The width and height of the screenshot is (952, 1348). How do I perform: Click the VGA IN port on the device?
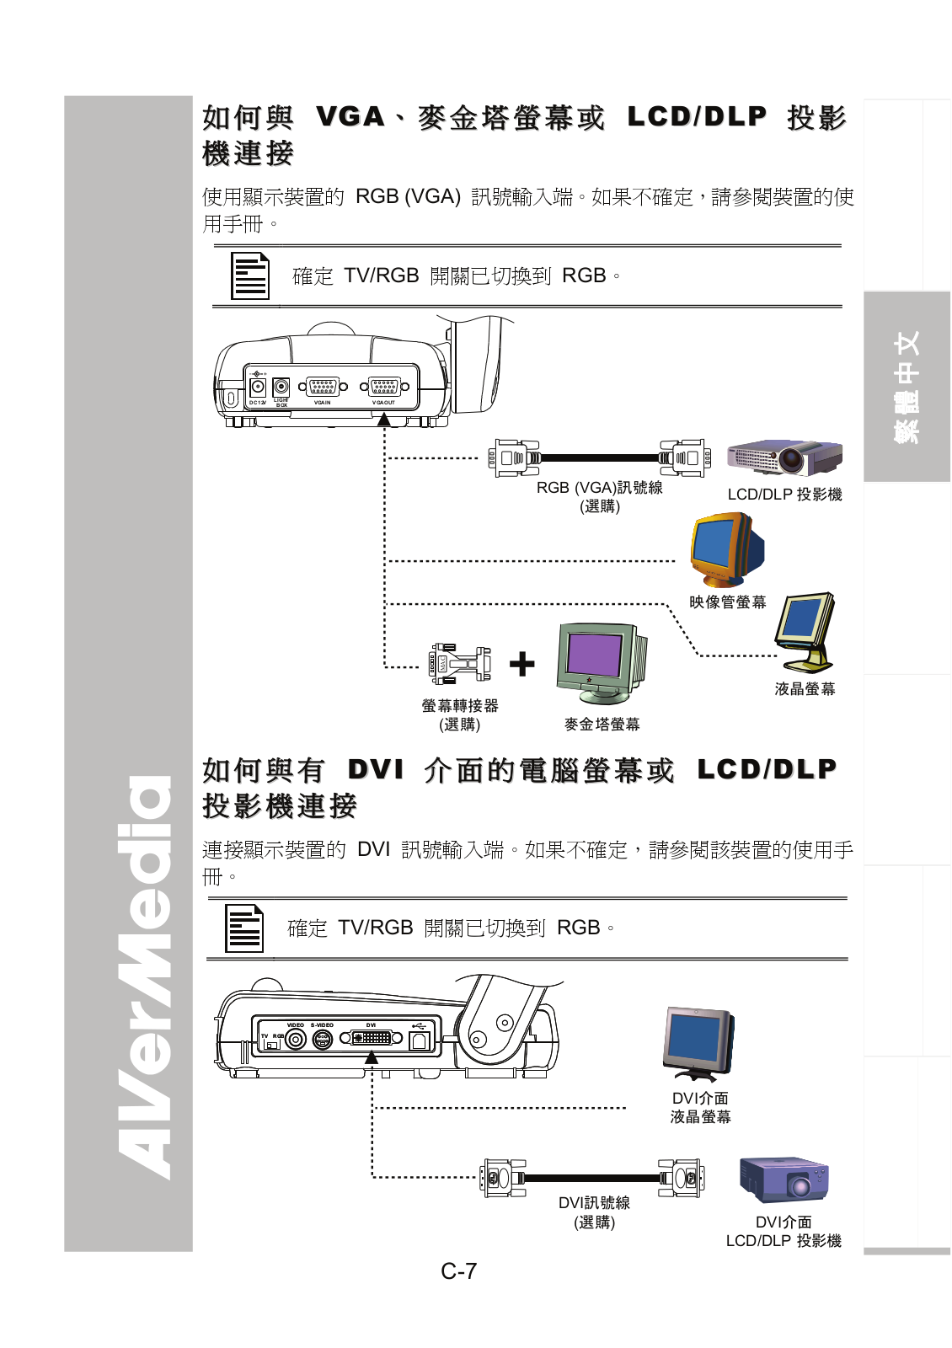[x=323, y=387]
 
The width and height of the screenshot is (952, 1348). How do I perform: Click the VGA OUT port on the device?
[x=384, y=387]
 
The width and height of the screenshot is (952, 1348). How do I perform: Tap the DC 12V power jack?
[x=258, y=388]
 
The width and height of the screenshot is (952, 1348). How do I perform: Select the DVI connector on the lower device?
[x=373, y=1038]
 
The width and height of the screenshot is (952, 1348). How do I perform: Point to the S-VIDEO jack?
[x=323, y=1039]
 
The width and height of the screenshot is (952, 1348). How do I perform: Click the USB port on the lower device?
[x=420, y=1039]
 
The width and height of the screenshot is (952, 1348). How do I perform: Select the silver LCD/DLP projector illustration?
[x=784, y=457]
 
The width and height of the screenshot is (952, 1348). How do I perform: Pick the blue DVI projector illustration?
[x=784, y=1179]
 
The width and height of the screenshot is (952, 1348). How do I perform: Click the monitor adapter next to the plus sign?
[x=460, y=664]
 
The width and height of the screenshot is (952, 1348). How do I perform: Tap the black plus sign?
[x=522, y=664]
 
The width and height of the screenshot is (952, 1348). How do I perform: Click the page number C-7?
[x=459, y=1270]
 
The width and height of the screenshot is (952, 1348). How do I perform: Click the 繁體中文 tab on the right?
[x=907, y=387]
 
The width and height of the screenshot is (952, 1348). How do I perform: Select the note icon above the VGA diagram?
[x=250, y=275]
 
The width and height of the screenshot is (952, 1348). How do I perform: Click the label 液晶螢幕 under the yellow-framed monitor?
[x=805, y=689]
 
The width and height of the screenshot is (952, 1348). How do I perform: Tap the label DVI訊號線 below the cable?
[x=594, y=1202]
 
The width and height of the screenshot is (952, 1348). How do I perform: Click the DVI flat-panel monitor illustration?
[x=698, y=1043]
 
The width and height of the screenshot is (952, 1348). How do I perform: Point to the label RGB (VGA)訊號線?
[x=599, y=488]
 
